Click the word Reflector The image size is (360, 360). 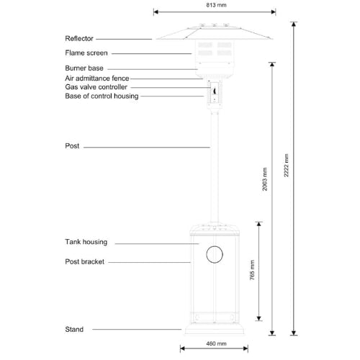coord(79,38)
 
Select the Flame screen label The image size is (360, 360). coord(86,53)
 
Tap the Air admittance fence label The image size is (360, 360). coord(97,78)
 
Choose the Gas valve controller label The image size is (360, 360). coord(96,86)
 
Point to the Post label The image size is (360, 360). coord(71,146)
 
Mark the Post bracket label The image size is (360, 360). coord(84,262)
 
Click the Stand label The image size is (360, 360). coord(73,329)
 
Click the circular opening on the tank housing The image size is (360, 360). coord(215,253)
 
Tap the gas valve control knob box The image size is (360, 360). coord(215,91)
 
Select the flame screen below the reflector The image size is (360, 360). coord(215,50)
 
